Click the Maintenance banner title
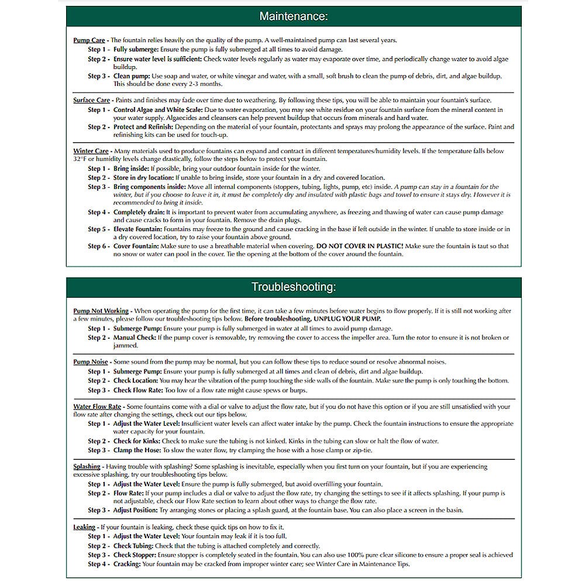point(293,16)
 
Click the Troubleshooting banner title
point(293,287)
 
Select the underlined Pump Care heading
point(89,40)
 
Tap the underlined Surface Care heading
point(91,101)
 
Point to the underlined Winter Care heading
point(91,151)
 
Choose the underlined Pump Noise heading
point(90,362)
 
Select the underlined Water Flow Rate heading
point(97,407)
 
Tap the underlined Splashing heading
point(87,467)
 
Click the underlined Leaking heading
point(84,527)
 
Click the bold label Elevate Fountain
point(138,229)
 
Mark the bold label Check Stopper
point(135,555)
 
